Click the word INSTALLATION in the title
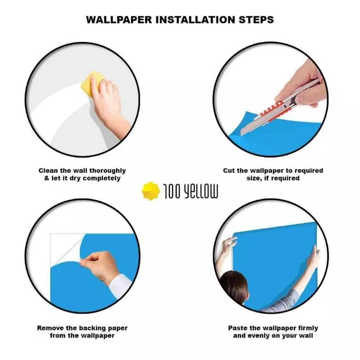click(196, 20)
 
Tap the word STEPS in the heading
click(256, 20)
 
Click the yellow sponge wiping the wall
click(91, 84)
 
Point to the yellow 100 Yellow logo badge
click(151, 191)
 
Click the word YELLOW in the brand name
click(201, 191)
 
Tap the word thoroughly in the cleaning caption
click(108, 171)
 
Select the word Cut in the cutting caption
click(229, 171)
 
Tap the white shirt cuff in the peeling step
click(120, 286)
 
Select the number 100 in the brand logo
click(173, 191)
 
